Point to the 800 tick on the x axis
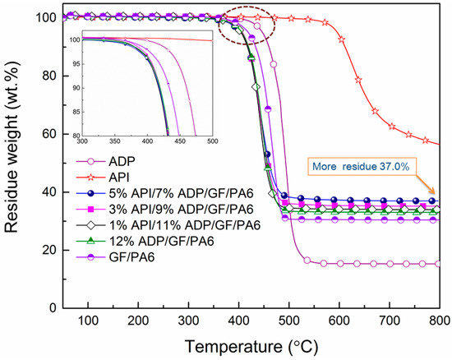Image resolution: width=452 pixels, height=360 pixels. click(438, 320)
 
